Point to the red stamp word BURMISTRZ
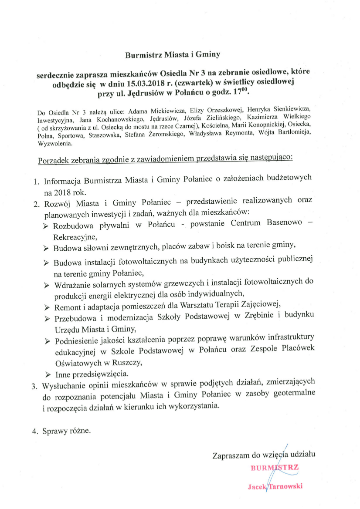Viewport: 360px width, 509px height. (275, 468)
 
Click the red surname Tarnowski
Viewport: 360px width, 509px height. (286, 486)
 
